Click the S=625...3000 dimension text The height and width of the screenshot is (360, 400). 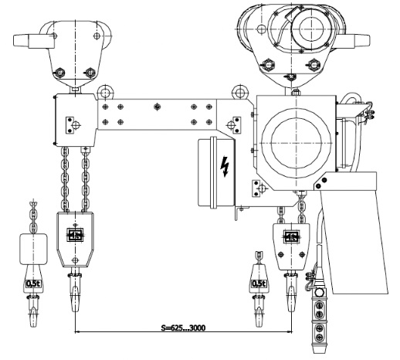[x=183, y=328]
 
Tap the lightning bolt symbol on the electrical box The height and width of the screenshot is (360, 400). [x=225, y=166]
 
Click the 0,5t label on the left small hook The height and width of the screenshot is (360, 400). [x=33, y=284]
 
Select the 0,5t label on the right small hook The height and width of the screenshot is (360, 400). [x=259, y=284]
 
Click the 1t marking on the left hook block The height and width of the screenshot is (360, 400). [x=75, y=235]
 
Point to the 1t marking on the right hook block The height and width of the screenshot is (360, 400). [x=292, y=236]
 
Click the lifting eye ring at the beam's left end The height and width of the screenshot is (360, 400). [x=105, y=92]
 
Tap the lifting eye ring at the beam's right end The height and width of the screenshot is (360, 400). [x=240, y=92]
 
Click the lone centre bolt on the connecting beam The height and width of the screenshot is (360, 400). [x=157, y=107]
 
